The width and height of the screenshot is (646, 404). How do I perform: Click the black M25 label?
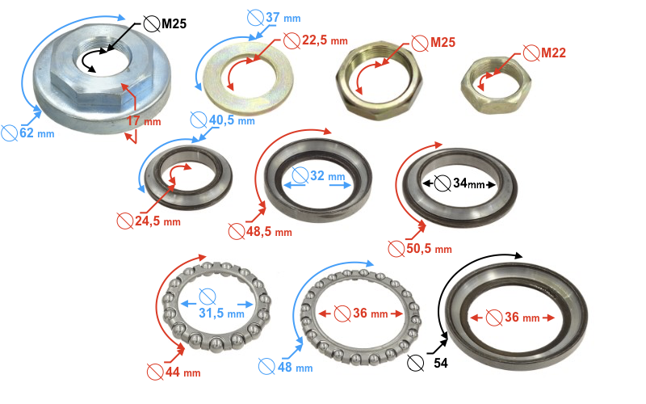point(174,23)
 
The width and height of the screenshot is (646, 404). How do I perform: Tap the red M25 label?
point(443,42)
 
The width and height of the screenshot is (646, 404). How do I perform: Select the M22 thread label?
point(553,53)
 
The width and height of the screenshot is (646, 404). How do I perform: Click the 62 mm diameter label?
point(37,133)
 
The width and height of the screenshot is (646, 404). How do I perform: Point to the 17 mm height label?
point(144,121)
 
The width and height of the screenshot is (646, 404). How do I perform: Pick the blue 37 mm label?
point(283,18)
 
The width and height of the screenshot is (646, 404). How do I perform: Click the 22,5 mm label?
point(325,40)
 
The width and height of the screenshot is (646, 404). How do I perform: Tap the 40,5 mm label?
point(232,120)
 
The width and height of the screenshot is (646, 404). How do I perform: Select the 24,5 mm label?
point(157,221)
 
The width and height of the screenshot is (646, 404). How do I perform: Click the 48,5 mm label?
point(270,232)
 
